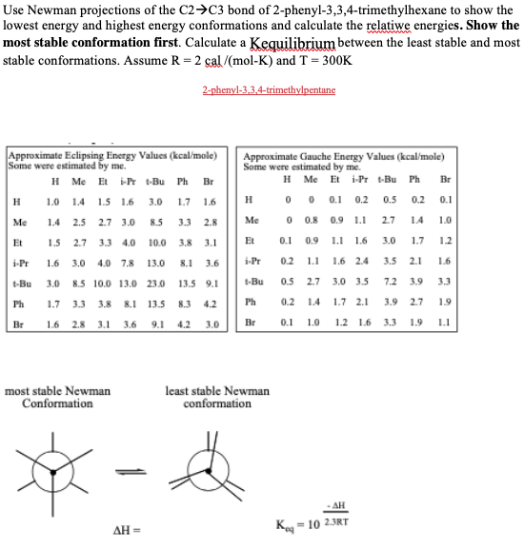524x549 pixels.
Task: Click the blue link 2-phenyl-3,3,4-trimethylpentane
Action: click(x=269, y=90)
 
